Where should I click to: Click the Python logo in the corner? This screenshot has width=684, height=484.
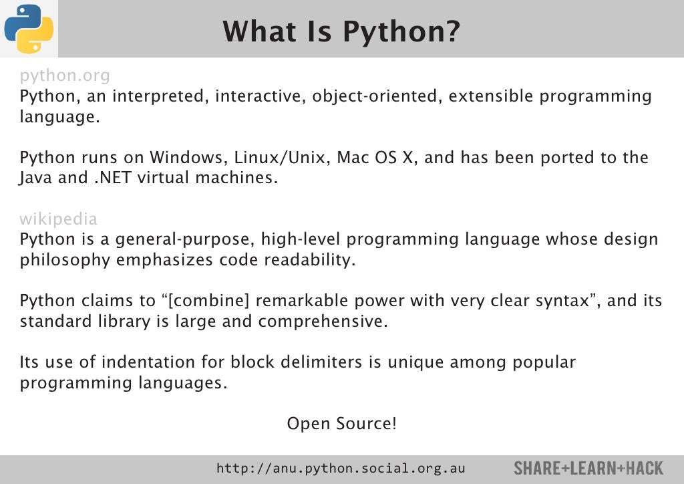(x=29, y=28)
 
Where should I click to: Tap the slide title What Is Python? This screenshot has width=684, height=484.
(x=341, y=31)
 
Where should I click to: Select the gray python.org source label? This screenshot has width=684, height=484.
(x=65, y=75)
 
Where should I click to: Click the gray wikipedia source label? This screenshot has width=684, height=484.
(x=58, y=219)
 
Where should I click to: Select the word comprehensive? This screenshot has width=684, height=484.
(x=323, y=322)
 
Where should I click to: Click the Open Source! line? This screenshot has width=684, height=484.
(x=341, y=424)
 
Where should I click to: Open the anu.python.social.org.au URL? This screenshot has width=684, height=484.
(x=341, y=469)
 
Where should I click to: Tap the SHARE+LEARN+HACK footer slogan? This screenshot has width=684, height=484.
(x=588, y=469)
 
